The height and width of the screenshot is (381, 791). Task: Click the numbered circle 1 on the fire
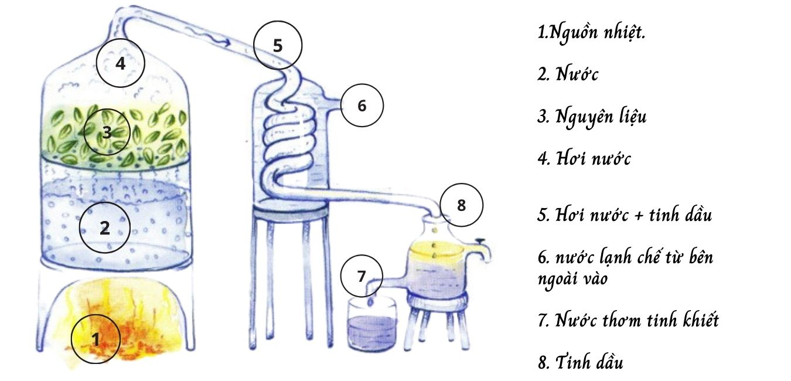pos(96,338)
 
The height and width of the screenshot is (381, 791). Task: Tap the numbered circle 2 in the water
pos(104,227)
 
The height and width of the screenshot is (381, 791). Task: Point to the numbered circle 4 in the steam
pos(120,63)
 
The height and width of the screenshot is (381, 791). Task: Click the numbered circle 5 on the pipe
pos(278,45)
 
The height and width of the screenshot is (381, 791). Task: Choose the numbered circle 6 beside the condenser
pos(362,106)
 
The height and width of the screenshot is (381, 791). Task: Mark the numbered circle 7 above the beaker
pos(362,275)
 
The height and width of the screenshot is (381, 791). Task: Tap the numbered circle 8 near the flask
pos(461,205)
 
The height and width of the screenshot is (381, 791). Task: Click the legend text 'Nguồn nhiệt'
pos(592,32)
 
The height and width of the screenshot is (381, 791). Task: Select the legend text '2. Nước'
pos(568,74)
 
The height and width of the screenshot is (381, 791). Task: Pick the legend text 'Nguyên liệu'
pos(592,117)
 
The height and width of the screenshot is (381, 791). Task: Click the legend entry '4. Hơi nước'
pos(584,159)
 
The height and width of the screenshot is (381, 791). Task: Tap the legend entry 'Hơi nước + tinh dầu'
pos(624,215)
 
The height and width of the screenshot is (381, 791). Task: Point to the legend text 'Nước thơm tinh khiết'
pos(628,321)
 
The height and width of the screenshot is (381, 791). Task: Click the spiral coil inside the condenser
pos(290,141)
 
